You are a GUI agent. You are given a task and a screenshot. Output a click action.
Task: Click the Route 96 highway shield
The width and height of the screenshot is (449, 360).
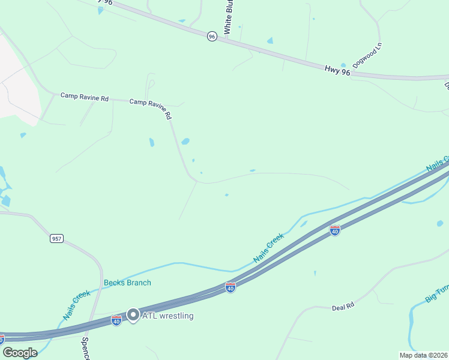click(x=212, y=37)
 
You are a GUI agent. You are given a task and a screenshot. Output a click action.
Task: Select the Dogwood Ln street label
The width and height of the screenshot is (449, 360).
click(x=367, y=54)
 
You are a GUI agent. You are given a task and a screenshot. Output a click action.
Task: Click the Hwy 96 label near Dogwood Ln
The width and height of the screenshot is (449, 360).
click(x=337, y=71)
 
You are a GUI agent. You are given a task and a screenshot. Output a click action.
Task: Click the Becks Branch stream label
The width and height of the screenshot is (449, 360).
click(x=127, y=283)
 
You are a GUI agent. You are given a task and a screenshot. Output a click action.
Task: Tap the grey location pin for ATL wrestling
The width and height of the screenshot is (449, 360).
click(x=133, y=315)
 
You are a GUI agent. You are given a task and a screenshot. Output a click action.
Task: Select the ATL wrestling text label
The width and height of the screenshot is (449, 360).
click(x=167, y=316)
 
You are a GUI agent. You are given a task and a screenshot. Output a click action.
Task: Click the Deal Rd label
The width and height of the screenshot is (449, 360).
click(x=343, y=307)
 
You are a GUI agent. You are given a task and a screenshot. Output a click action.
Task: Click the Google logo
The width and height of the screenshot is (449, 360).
click(x=20, y=353)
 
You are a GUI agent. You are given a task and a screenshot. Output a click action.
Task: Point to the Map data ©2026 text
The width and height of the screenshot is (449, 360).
click(x=423, y=355)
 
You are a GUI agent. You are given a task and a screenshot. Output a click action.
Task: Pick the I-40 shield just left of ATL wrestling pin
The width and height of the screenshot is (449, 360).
click(x=116, y=321)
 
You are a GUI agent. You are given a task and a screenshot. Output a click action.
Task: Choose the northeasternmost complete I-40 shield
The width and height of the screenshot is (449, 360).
click(x=335, y=230)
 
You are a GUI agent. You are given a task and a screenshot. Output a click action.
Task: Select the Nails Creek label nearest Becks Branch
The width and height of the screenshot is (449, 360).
click(x=76, y=305)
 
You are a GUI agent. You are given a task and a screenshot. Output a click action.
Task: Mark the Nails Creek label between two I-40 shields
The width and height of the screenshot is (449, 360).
click(x=268, y=248)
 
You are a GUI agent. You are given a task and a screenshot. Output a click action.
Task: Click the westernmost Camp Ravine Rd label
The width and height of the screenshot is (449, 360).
click(x=84, y=97)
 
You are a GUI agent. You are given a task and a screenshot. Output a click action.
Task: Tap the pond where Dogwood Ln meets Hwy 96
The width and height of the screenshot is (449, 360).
click(x=343, y=65)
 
